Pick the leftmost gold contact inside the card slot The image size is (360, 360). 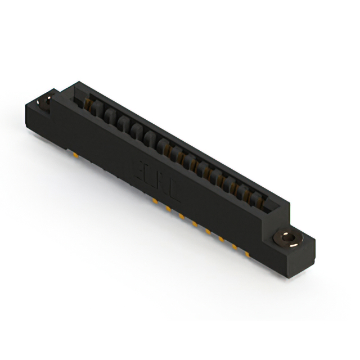pos(88,102)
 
